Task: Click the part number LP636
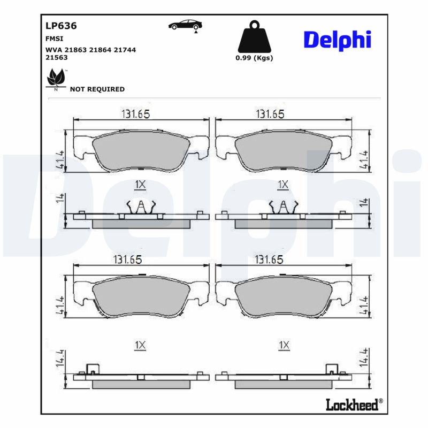[62, 25]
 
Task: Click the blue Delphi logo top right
[337, 41]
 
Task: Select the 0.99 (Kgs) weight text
[254, 58]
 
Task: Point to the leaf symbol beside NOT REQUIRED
[55, 79]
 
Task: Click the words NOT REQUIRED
[97, 89]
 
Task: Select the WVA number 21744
[125, 49]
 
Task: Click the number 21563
[57, 57]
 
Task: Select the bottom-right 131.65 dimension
[269, 259]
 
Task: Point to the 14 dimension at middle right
[364, 202]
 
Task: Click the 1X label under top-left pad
[140, 185]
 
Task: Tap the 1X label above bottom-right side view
[284, 346]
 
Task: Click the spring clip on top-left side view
[140, 206]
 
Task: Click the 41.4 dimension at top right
[364, 159]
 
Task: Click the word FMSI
[54, 39]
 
